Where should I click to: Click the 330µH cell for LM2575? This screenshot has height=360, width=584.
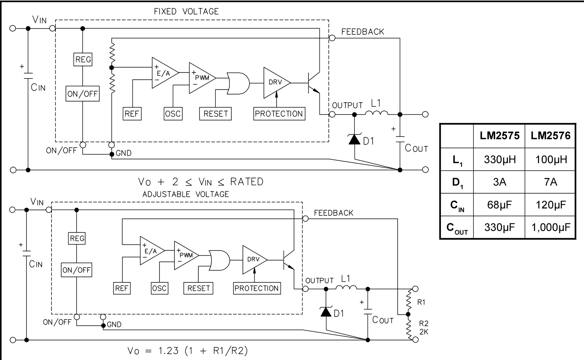500,160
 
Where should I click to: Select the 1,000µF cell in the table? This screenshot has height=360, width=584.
551,227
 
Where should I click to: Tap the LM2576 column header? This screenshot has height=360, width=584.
551,136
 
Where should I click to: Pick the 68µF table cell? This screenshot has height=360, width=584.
500,205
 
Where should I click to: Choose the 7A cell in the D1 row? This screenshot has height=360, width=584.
551,182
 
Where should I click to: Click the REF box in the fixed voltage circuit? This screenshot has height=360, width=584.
132,114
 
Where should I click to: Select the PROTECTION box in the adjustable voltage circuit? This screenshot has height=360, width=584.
257,288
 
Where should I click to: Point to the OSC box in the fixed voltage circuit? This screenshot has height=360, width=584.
173,114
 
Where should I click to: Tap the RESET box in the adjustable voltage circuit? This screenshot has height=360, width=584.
199,288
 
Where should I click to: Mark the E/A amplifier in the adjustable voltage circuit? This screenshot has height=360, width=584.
150,251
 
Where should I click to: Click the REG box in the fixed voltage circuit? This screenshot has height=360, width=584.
83,59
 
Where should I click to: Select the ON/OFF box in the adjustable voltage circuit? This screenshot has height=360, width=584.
76,270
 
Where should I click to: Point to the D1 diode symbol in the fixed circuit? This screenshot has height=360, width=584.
355,139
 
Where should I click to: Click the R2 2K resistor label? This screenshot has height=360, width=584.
423,327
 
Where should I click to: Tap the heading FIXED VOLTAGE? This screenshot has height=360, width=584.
186,12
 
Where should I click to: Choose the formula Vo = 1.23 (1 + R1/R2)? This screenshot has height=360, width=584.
188,351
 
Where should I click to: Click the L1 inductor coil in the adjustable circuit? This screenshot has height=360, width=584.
346,288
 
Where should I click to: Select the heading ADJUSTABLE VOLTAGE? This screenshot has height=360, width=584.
186,194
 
